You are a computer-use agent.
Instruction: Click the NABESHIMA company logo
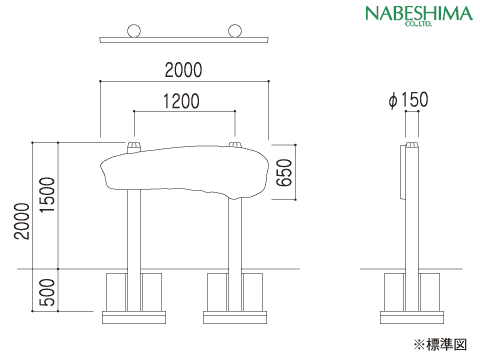pos(419,15)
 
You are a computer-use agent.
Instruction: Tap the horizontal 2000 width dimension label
pos(184,70)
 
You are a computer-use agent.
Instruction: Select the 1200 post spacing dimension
pos(181,101)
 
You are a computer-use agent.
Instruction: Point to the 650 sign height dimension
pos(284,172)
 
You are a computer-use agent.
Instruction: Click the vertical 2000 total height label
pos(22,221)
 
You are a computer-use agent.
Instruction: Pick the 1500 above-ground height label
pos(47,195)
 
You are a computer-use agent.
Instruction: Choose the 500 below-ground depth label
pos(47,293)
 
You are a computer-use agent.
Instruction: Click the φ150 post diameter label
pos(408,100)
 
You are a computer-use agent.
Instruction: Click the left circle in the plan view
pos(134,31)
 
